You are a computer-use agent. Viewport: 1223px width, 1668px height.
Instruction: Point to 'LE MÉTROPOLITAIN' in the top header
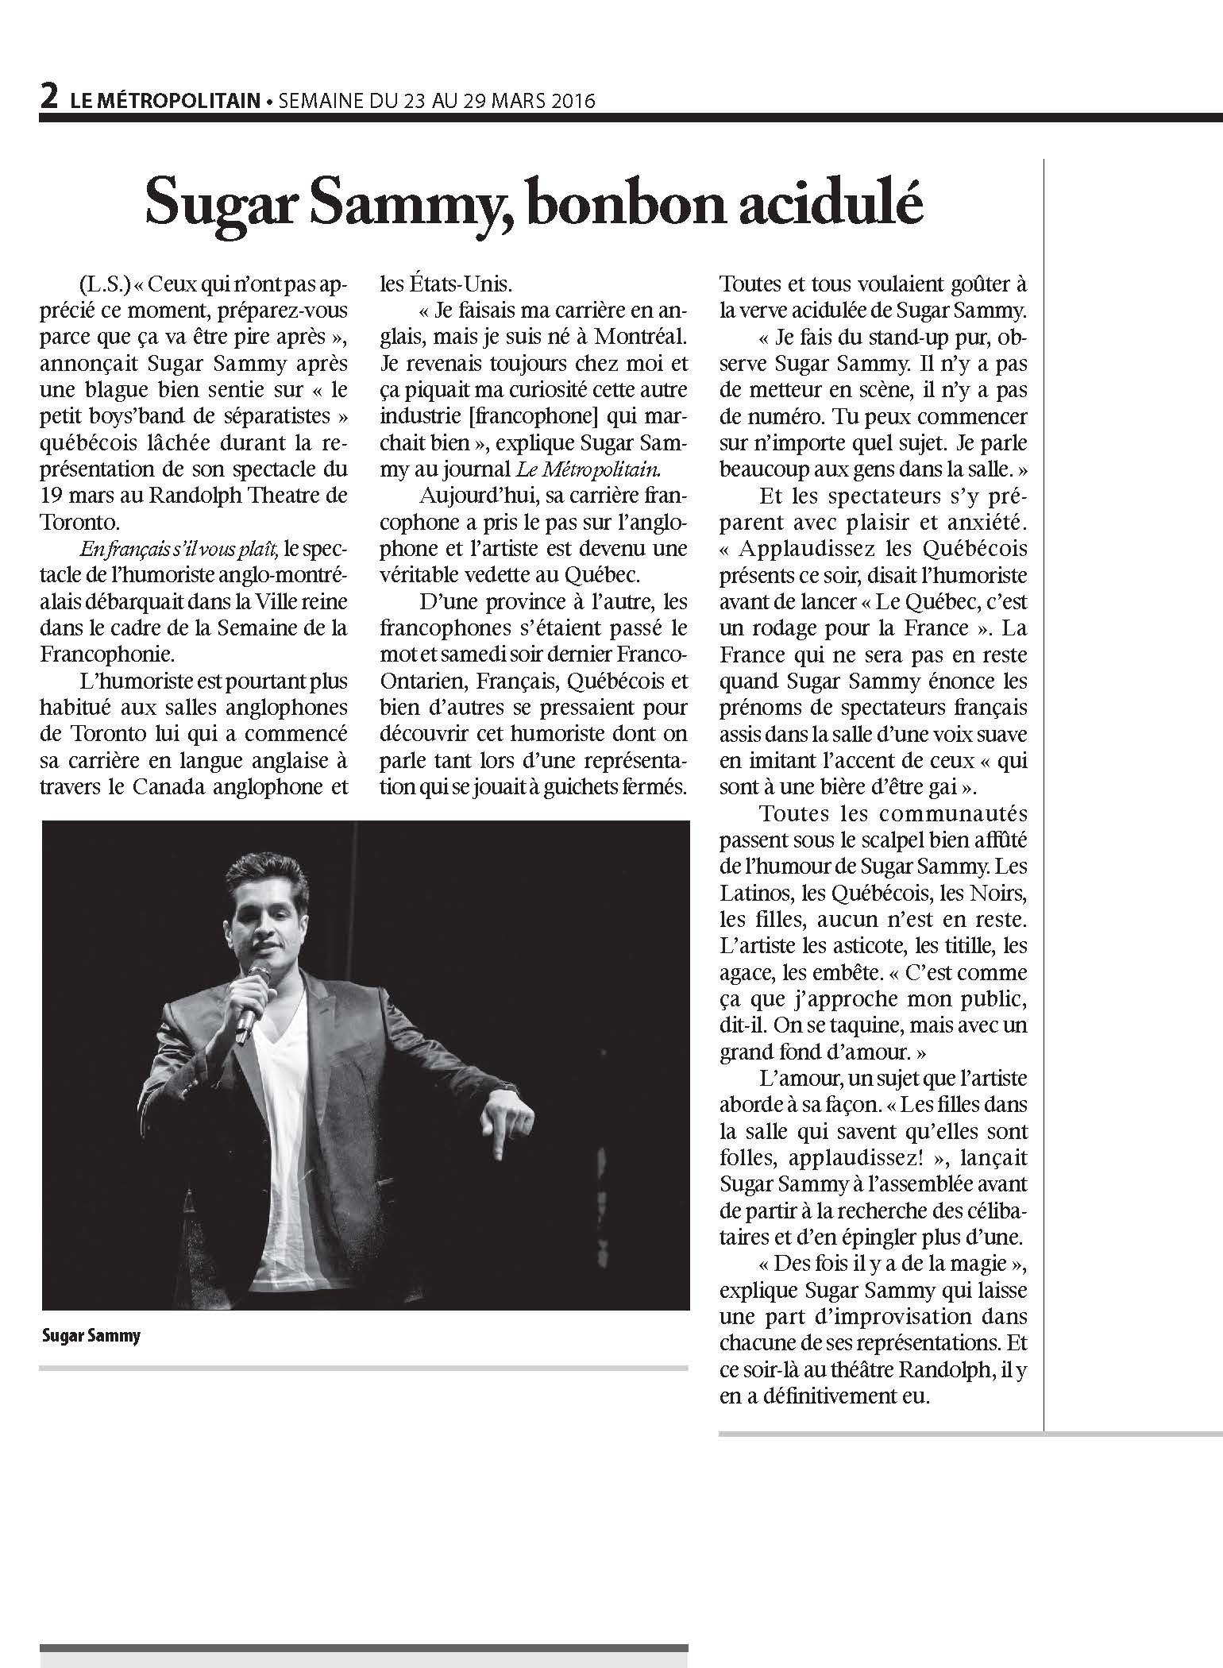click(164, 102)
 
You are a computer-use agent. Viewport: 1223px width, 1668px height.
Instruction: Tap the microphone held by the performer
click(254, 1002)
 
